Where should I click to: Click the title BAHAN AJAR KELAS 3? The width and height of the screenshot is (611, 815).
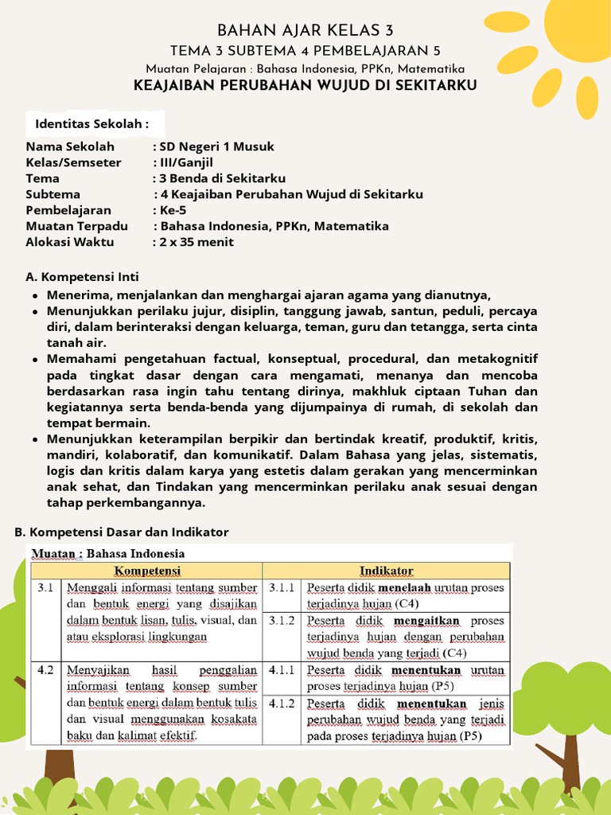pos(305,31)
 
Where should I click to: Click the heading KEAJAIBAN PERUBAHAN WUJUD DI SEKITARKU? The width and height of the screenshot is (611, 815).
pos(305,85)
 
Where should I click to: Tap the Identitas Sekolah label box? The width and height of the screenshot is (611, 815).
pos(92,124)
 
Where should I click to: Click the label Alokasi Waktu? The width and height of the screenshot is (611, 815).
pos(70,242)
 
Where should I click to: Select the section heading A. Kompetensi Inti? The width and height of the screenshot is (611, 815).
pos(82,277)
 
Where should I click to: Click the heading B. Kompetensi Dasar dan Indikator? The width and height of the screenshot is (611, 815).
pos(122,532)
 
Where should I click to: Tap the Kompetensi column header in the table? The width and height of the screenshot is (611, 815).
pos(147,571)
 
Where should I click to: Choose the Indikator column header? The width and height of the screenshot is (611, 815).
pos(386,571)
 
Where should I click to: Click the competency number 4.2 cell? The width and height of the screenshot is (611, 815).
pos(45,670)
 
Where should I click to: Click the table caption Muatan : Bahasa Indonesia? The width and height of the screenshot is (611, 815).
pos(107,553)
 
